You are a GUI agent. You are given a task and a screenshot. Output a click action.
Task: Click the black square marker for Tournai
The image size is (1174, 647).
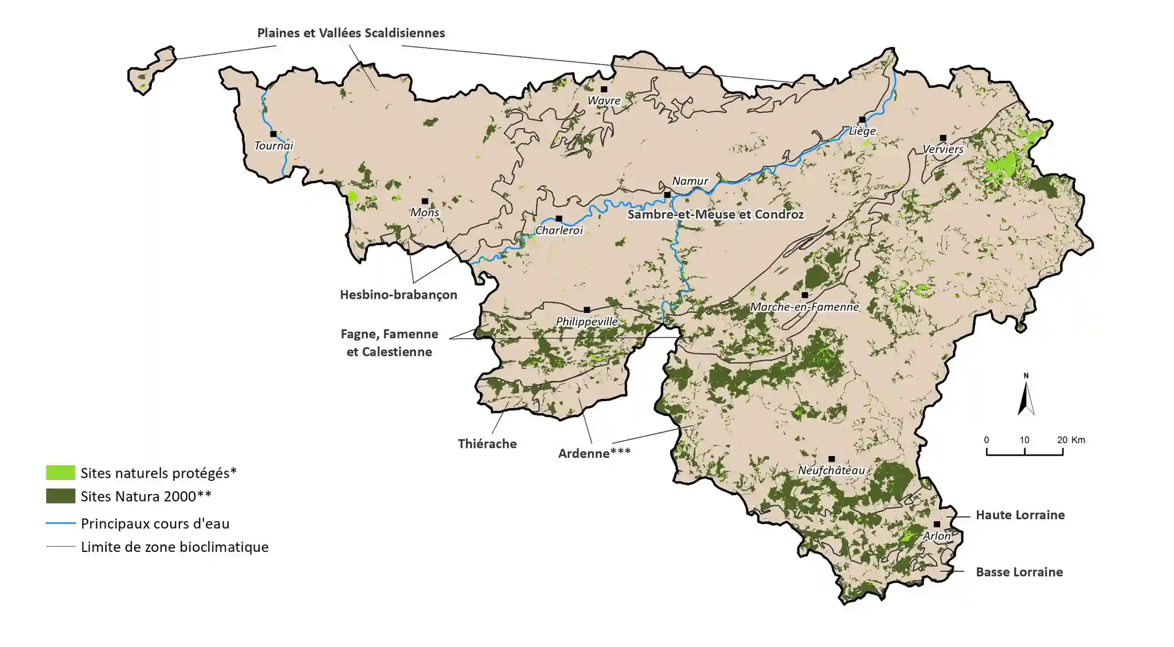click(273, 134)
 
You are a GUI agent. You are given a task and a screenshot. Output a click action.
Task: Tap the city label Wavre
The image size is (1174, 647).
click(604, 101)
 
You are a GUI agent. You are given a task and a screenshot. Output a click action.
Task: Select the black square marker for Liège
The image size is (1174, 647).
click(862, 120)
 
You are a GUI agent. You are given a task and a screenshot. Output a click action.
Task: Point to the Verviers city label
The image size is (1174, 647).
click(943, 150)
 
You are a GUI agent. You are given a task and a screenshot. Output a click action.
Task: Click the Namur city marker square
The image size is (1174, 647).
click(667, 195)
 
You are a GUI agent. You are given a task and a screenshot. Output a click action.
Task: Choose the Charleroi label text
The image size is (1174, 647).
click(559, 230)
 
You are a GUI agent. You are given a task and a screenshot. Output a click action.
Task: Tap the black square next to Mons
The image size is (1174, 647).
click(425, 201)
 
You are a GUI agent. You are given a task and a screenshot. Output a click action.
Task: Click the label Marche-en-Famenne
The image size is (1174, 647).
click(804, 307)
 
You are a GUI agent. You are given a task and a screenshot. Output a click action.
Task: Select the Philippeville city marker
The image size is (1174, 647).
click(586, 310)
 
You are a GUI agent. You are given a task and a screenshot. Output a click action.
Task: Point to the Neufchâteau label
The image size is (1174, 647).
click(831, 470)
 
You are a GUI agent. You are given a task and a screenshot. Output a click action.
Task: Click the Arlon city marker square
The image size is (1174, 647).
click(937, 524)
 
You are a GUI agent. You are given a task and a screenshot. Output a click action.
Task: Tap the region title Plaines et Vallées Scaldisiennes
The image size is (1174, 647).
click(351, 33)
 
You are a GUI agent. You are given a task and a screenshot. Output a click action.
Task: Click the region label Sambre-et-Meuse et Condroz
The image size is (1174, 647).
click(715, 214)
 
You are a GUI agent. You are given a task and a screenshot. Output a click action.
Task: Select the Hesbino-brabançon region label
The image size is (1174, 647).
click(398, 295)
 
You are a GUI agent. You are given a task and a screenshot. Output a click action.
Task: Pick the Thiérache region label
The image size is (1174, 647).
click(487, 444)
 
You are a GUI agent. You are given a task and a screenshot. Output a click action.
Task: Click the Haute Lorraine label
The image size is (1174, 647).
click(1020, 515)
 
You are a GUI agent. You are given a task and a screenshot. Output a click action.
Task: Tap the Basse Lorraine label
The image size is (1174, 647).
click(1019, 572)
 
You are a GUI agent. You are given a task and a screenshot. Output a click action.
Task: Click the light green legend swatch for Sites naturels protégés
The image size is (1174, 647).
click(60, 473)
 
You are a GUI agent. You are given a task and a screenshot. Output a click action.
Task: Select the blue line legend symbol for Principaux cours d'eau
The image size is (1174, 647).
click(60, 523)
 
